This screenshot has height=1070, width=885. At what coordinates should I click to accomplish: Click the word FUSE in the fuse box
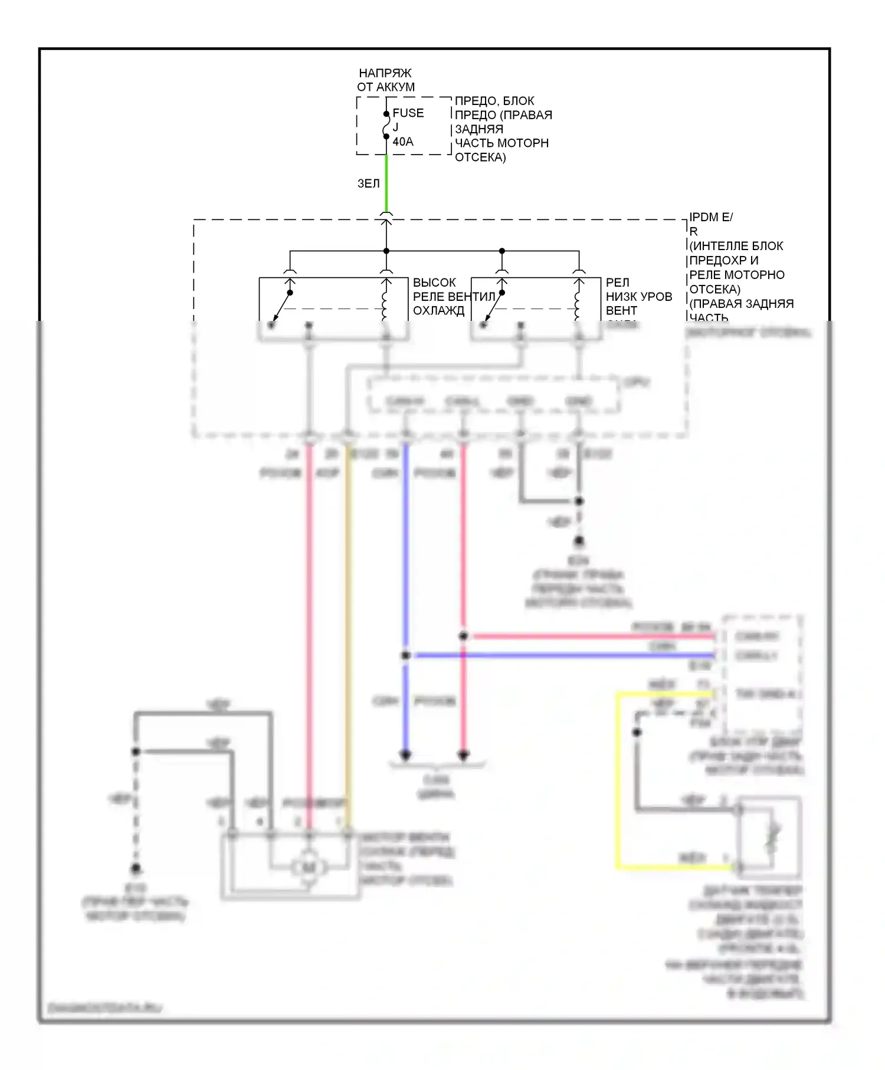point(408,113)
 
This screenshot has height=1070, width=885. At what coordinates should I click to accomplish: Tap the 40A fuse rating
point(403,142)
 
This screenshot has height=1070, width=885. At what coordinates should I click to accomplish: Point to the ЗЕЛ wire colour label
point(368,183)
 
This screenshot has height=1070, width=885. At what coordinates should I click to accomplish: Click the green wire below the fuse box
point(386,183)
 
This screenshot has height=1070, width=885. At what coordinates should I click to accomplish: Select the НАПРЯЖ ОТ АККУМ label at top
point(386,80)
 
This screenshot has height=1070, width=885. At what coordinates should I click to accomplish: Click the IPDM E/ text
point(710,217)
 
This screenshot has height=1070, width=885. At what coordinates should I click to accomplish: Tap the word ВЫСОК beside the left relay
point(434,283)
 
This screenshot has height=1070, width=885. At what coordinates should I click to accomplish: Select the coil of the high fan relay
point(386,301)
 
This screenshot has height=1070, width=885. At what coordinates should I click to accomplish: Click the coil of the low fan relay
point(579,301)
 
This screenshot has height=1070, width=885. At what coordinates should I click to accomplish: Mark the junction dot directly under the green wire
point(386,251)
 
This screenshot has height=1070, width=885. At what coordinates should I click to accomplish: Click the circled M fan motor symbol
point(309,867)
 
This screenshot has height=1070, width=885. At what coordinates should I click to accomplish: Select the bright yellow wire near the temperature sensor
point(617,779)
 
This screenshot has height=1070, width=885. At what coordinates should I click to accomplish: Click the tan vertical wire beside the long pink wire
point(348,637)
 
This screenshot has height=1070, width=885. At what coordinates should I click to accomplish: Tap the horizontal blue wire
point(560,655)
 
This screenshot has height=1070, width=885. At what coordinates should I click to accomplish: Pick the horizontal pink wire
point(590,636)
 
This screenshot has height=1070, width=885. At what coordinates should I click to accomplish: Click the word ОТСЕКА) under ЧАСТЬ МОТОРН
point(480,157)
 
